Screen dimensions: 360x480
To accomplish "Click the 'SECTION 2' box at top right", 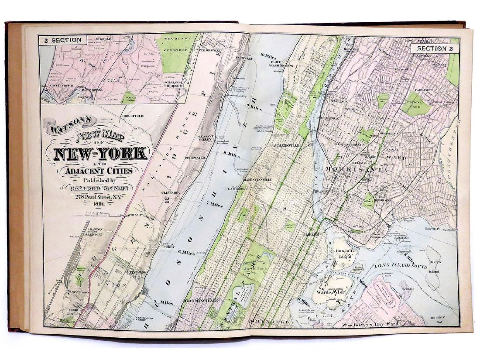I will [434, 48].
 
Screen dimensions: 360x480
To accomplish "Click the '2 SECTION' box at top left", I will [62, 40].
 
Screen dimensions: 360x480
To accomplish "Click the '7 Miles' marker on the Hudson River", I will [213, 205].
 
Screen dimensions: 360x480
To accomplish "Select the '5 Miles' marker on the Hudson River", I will [164, 302].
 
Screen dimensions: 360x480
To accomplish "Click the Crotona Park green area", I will [416, 105].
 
